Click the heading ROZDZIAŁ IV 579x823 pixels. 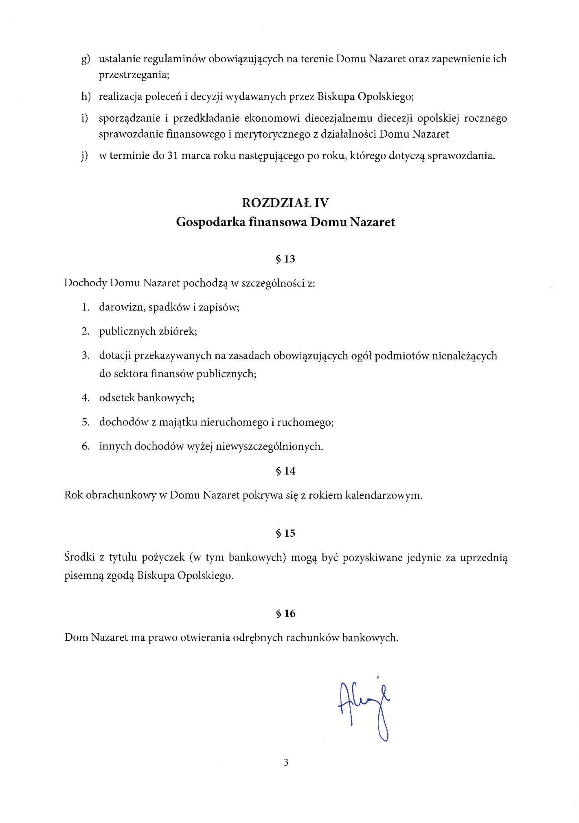285,203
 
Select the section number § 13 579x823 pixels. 285,259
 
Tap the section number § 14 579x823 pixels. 285,471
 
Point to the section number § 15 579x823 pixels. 285,534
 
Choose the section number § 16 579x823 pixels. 285,613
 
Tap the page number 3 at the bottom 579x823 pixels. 286,762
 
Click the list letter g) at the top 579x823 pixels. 86,59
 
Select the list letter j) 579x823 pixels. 85,156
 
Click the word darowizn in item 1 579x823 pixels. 122,307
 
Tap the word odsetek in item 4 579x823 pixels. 116,398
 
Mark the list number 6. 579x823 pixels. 86,447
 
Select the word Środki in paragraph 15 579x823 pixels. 79,557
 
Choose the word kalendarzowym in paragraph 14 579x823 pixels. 383,495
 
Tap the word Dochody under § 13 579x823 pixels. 86,283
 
